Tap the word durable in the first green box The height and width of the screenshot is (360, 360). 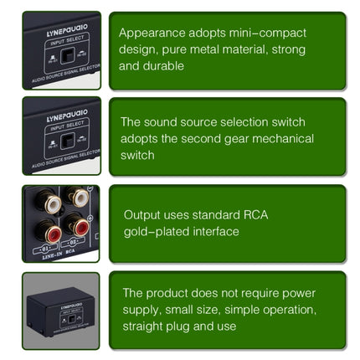pos(164,64)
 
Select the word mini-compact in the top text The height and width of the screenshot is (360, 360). pos(267,33)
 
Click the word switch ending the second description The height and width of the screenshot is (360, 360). pos(136,155)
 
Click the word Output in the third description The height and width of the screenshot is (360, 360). pos(141,213)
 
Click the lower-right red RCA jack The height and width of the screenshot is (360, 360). pos(79,225)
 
